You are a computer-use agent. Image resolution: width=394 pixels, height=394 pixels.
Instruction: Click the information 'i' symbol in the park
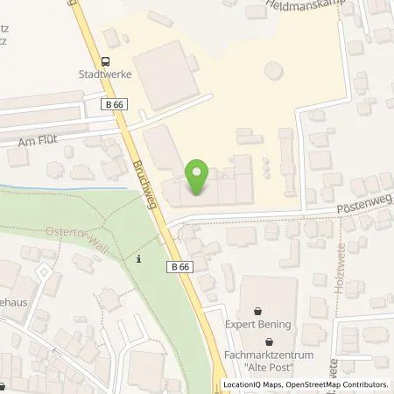(139, 258)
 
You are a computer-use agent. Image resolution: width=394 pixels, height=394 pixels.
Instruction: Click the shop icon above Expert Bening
(257, 310)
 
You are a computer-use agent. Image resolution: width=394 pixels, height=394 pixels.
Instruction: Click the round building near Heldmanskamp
(274, 68)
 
